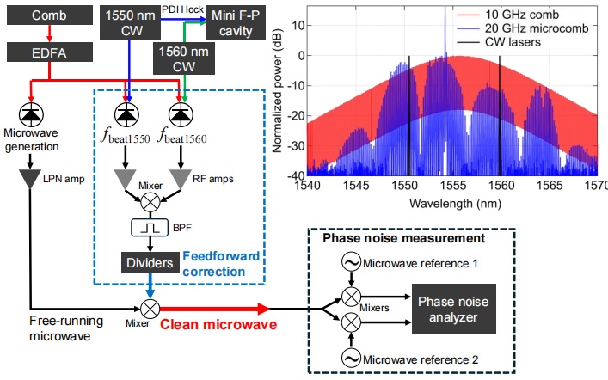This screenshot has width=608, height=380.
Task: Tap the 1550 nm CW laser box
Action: [x=126, y=23]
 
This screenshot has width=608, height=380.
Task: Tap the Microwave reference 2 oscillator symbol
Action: [x=351, y=358]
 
